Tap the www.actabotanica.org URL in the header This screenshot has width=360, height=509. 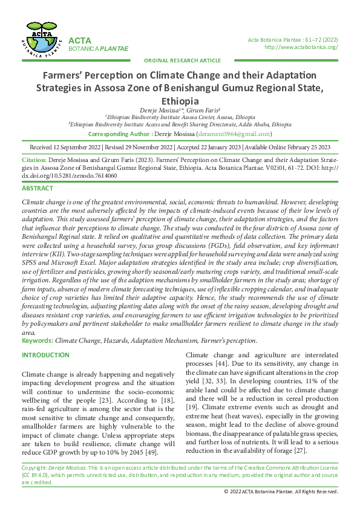301,47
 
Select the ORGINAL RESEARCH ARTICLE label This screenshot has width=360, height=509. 182,61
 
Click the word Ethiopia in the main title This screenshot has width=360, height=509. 180,101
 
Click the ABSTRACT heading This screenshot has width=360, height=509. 38,189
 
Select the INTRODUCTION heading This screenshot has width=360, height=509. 45,355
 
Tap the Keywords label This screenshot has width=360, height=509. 37,340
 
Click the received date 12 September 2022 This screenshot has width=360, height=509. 78,147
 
